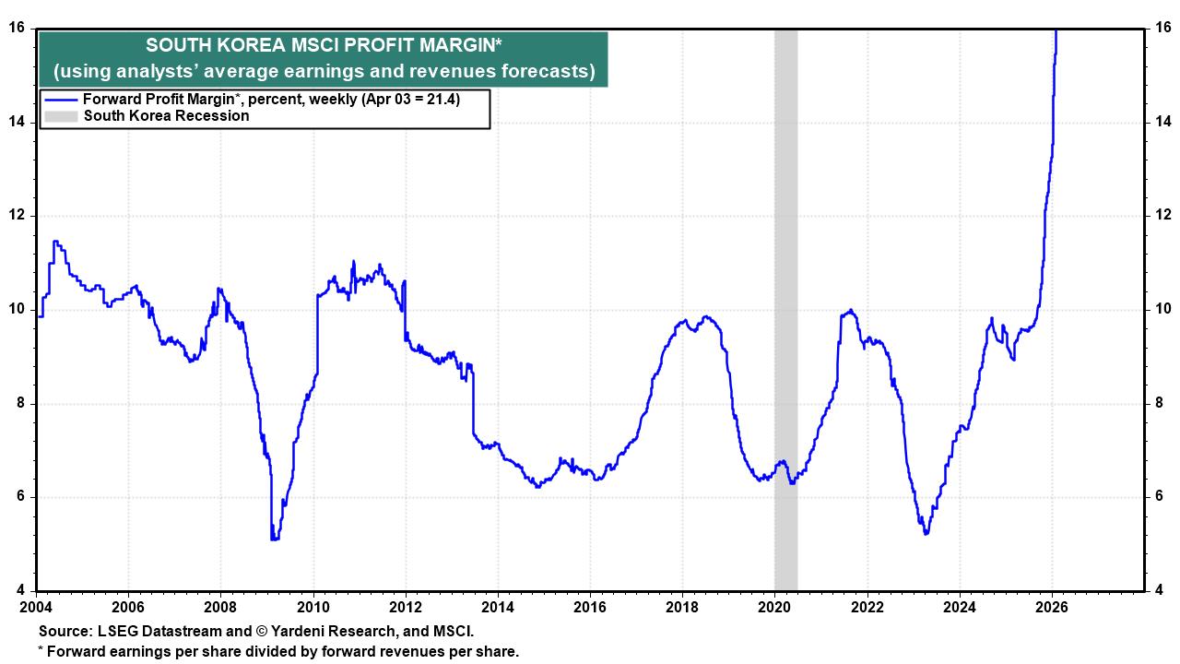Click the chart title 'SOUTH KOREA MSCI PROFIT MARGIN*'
coord(324,46)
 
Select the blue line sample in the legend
coord(61,100)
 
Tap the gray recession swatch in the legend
coord(61,116)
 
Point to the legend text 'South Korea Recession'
coord(166,116)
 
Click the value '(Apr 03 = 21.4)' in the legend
coord(410,100)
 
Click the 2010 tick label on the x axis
coord(313,608)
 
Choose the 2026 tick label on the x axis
coord(1052,608)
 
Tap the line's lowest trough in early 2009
coord(274,539)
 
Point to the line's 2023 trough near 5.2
coord(925,532)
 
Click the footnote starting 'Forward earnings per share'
coord(281,651)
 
